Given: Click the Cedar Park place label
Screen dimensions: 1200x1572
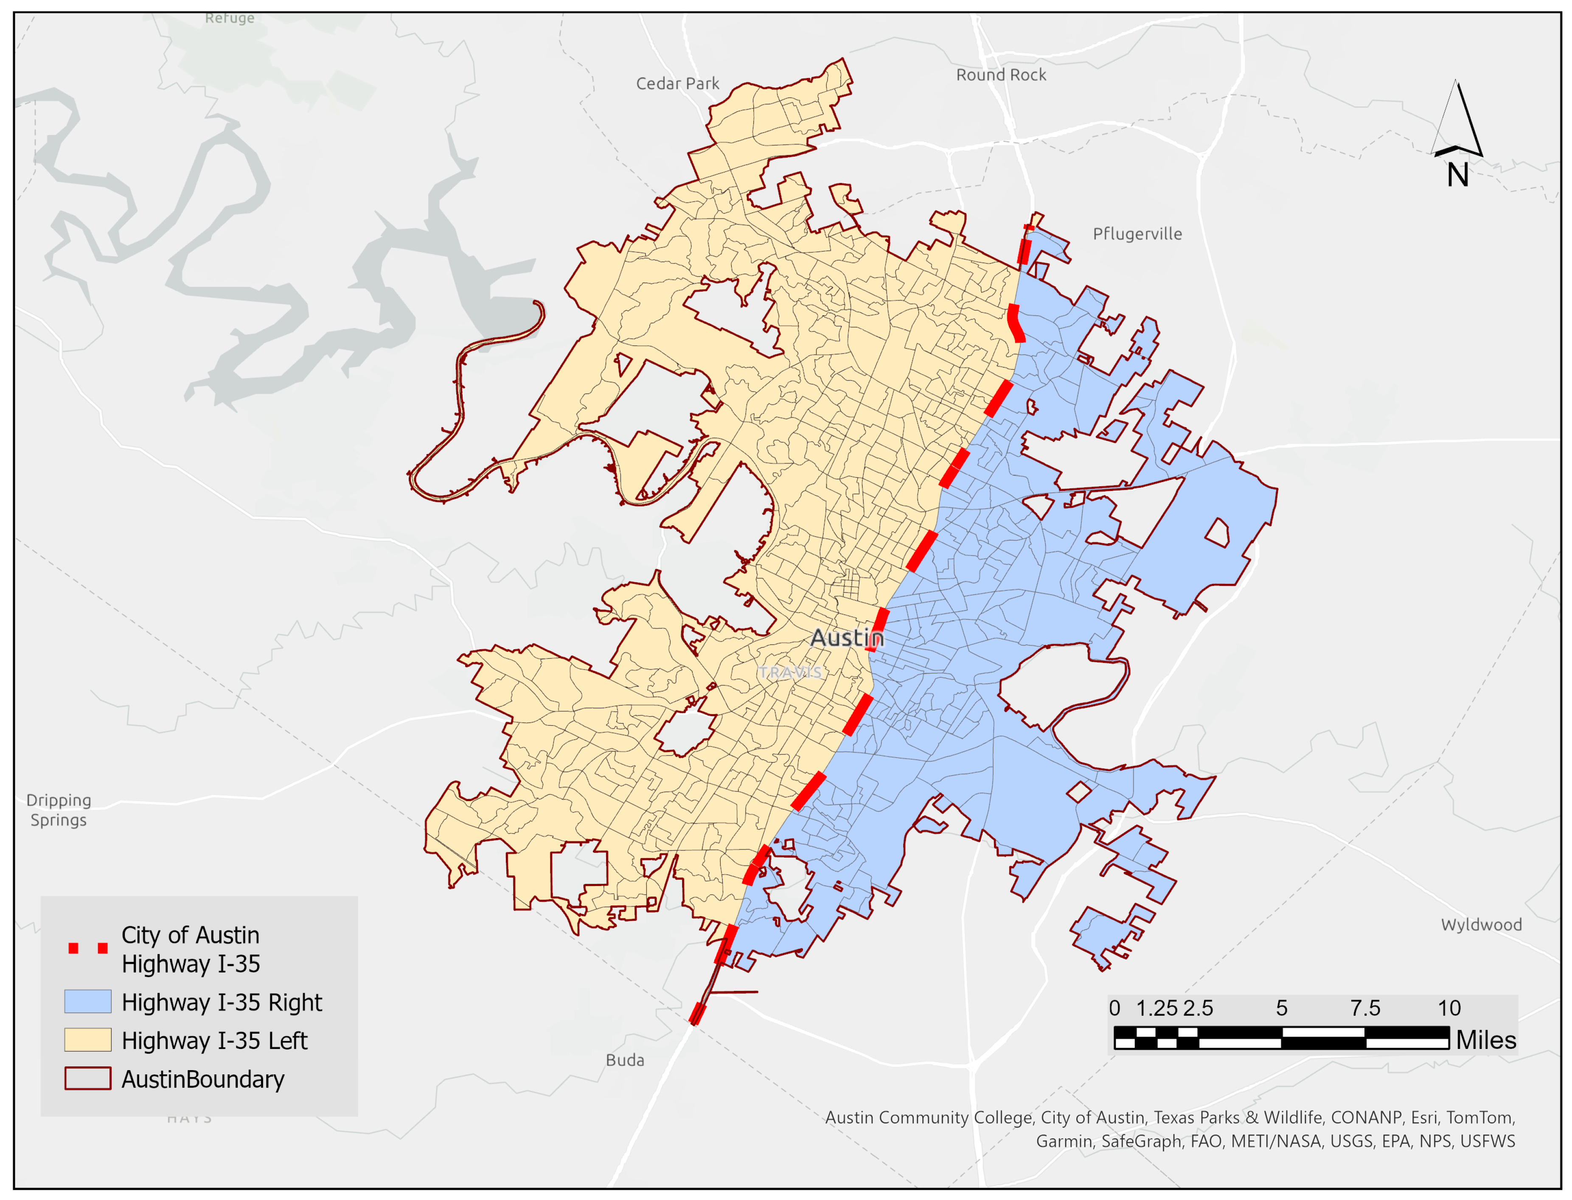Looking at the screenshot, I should tap(677, 84).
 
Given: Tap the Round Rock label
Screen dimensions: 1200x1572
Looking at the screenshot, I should tap(1001, 75).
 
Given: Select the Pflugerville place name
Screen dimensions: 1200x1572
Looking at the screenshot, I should tap(1137, 233).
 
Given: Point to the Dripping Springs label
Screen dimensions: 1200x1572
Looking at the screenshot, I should tap(59, 810).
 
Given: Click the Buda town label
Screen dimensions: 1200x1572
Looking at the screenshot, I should tap(625, 1060).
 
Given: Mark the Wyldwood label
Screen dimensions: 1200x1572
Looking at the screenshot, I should tap(1481, 924).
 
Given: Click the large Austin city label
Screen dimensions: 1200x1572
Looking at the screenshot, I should tap(847, 638).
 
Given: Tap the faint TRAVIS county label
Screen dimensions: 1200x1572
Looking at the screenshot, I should tap(789, 672).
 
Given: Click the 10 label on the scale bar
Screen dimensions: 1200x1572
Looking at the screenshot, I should tap(1449, 1008).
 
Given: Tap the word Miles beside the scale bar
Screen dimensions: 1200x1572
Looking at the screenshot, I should tap(1485, 1040).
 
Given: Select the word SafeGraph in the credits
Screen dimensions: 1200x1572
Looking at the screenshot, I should tap(1141, 1141).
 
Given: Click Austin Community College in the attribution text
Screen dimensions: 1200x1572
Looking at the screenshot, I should tap(929, 1117).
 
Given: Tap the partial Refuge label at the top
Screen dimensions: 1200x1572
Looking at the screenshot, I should tap(229, 18).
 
